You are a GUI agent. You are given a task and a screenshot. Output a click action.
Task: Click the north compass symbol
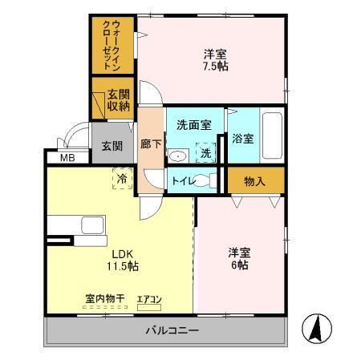click(x=316, y=328)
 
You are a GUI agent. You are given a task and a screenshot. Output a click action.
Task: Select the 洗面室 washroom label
click(x=193, y=125)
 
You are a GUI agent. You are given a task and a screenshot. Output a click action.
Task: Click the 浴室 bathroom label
click(x=242, y=139)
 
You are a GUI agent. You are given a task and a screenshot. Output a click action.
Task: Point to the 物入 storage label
click(x=254, y=181)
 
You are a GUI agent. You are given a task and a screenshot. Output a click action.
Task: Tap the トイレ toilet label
click(x=183, y=181)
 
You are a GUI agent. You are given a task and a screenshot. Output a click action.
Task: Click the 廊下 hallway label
click(x=150, y=146)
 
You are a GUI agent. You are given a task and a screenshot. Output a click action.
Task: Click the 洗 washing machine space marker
click(x=206, y=152)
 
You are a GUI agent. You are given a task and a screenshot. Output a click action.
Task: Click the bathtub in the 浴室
click(x=273, y=136)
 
